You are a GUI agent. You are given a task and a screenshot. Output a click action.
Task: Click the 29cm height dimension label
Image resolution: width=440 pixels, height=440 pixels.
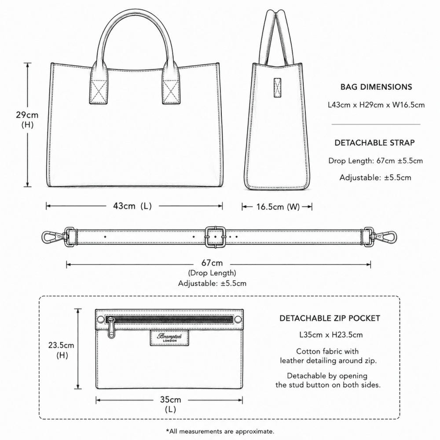click(27, 119)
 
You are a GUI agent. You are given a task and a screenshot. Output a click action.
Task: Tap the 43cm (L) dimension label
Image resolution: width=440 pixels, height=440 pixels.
click(132, 206)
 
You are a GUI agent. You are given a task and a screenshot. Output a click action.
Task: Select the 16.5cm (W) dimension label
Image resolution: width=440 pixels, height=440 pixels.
click(278, 207)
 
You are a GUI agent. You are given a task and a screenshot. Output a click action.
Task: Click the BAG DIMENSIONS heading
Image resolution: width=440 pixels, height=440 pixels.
click(376, 87)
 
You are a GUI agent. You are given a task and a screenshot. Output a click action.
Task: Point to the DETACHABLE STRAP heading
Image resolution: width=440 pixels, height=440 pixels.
click(374, 143)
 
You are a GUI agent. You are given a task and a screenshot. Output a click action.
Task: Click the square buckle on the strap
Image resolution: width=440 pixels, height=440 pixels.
click(216, 237)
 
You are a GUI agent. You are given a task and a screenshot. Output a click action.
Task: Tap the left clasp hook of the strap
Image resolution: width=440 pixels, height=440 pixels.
click(53, 237)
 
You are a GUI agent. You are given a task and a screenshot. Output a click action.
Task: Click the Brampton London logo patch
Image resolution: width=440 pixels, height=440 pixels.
click(169, 337)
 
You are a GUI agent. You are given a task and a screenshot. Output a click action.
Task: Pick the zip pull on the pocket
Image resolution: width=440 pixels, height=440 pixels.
click(111, 328)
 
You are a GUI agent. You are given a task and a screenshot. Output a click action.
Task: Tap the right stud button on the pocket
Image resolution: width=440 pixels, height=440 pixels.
click(238, 319)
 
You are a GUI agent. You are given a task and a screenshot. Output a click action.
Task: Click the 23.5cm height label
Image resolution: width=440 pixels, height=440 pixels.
click(61, 350)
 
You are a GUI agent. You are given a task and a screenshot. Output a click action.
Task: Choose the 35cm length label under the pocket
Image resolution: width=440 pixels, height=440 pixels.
click(170, 404)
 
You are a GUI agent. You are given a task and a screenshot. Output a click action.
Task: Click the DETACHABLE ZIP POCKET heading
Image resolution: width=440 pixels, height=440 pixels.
click(330, 318)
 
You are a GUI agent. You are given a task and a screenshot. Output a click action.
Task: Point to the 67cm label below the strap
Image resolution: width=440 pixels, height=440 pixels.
click(212, 263)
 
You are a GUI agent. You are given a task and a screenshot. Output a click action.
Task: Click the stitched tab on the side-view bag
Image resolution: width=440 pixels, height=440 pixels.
click(278, 88)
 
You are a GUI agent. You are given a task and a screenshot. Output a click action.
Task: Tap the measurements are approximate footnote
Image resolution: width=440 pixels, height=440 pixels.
click(220, 431)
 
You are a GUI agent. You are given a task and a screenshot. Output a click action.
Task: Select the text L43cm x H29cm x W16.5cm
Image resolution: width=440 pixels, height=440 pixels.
click(376, 105)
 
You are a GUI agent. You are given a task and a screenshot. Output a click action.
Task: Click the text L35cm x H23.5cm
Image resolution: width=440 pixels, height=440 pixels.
click(331, 335)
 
